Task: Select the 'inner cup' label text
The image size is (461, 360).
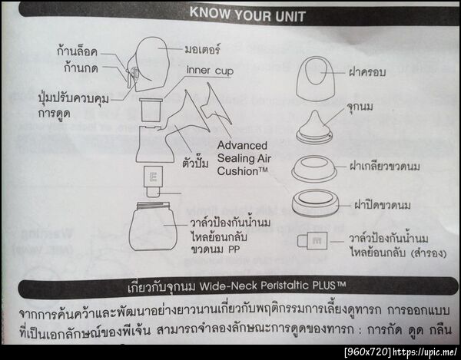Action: coord(210,71)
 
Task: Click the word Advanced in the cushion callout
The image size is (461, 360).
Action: coord(242,144)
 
